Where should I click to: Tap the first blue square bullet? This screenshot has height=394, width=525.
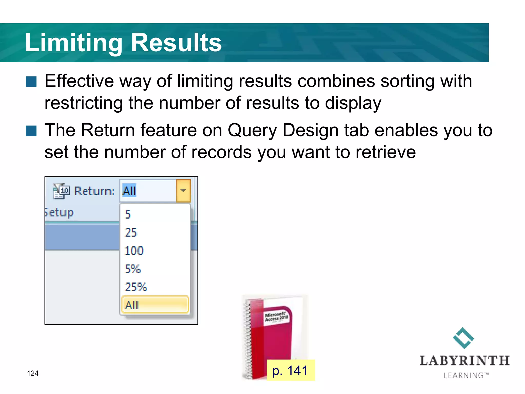[31, 82]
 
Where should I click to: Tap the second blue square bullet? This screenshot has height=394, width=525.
[31, 131]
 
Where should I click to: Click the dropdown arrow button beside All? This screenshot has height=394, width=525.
[183, 191]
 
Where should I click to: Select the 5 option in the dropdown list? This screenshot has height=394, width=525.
[128, 214]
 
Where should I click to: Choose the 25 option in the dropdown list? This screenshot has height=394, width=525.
[131, 232]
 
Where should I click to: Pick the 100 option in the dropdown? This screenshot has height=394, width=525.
[134, 251]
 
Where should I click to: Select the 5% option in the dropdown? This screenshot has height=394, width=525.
[133, 269]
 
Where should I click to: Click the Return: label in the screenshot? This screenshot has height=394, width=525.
[94, 191]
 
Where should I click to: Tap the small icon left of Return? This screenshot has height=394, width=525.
[61, 191]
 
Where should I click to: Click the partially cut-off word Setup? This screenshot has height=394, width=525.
[59, 213]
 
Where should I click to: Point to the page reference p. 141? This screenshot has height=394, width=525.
[290, 370]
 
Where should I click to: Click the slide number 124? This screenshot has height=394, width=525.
[33, 373]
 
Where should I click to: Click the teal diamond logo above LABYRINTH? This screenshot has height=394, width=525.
[463, 338]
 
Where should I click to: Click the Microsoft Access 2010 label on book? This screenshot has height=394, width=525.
[276, 317]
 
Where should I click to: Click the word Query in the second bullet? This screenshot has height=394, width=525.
[252, 130]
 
